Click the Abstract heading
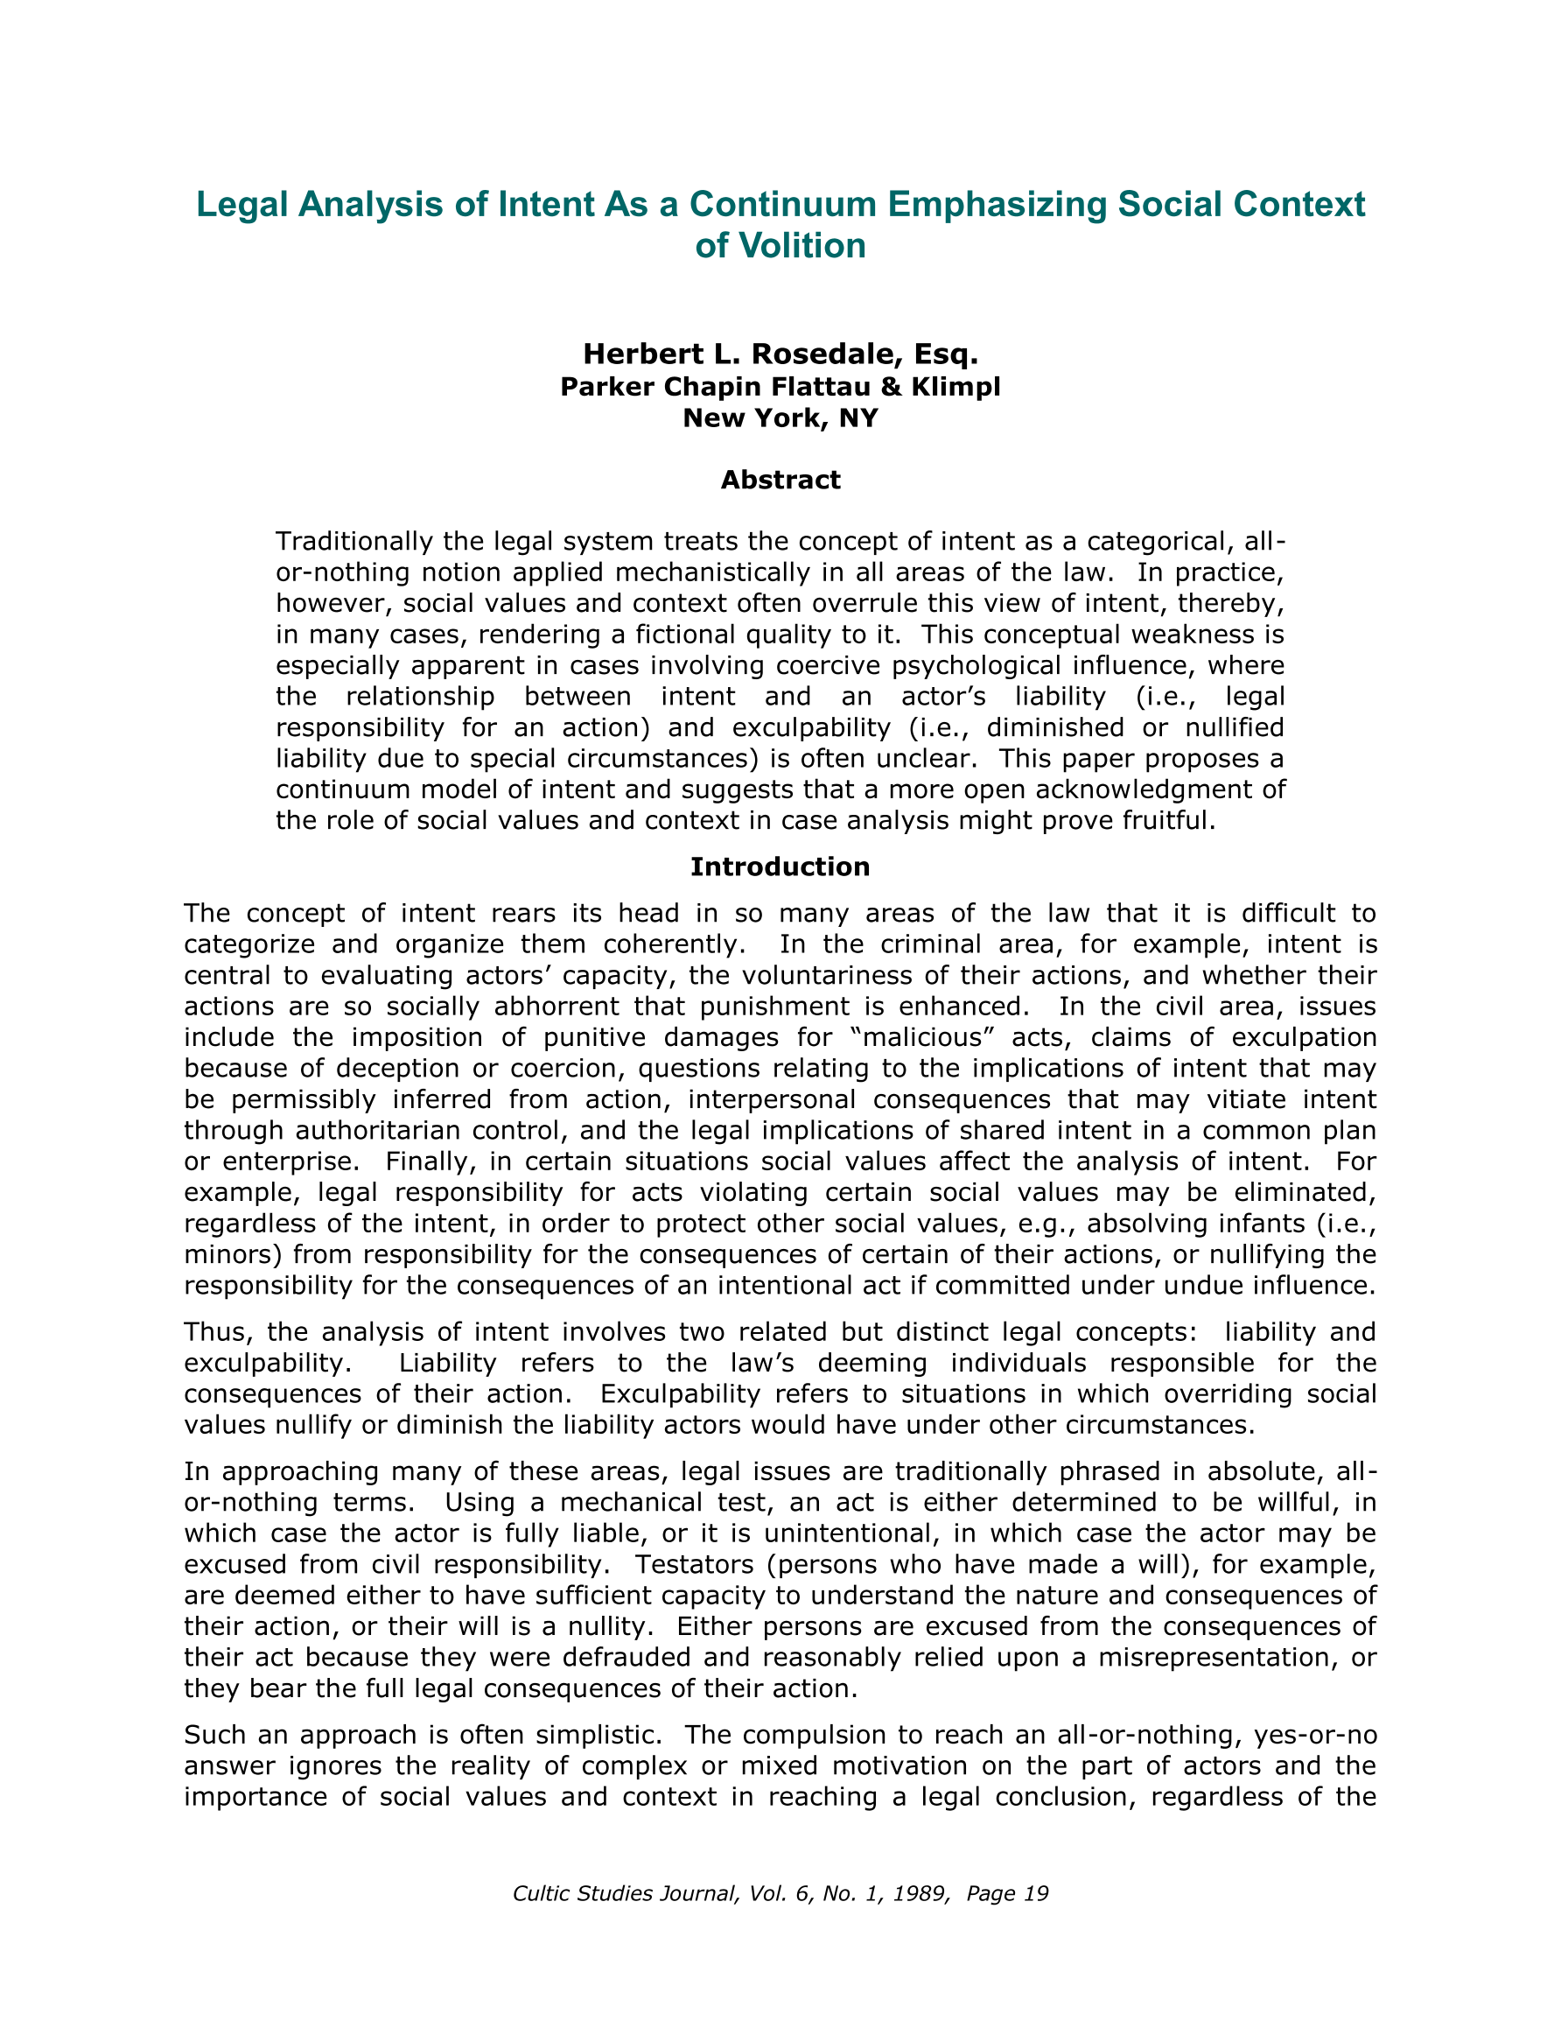pyautogui.click(x=780, y=480)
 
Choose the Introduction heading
pyautogui.click(x=780, y=867)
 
